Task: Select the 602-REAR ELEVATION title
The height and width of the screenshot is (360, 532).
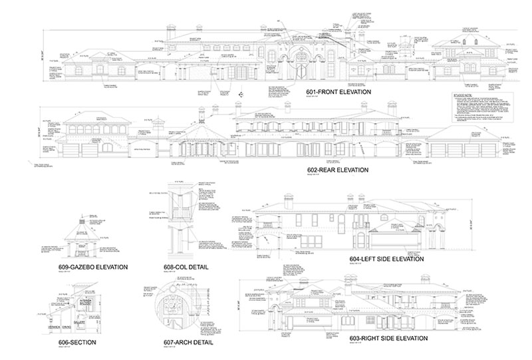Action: [x=338, y=170]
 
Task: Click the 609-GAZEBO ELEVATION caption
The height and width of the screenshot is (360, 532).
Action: [x=92, y=268]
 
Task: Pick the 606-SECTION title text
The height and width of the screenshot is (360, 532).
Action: [x=77, y=342]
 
